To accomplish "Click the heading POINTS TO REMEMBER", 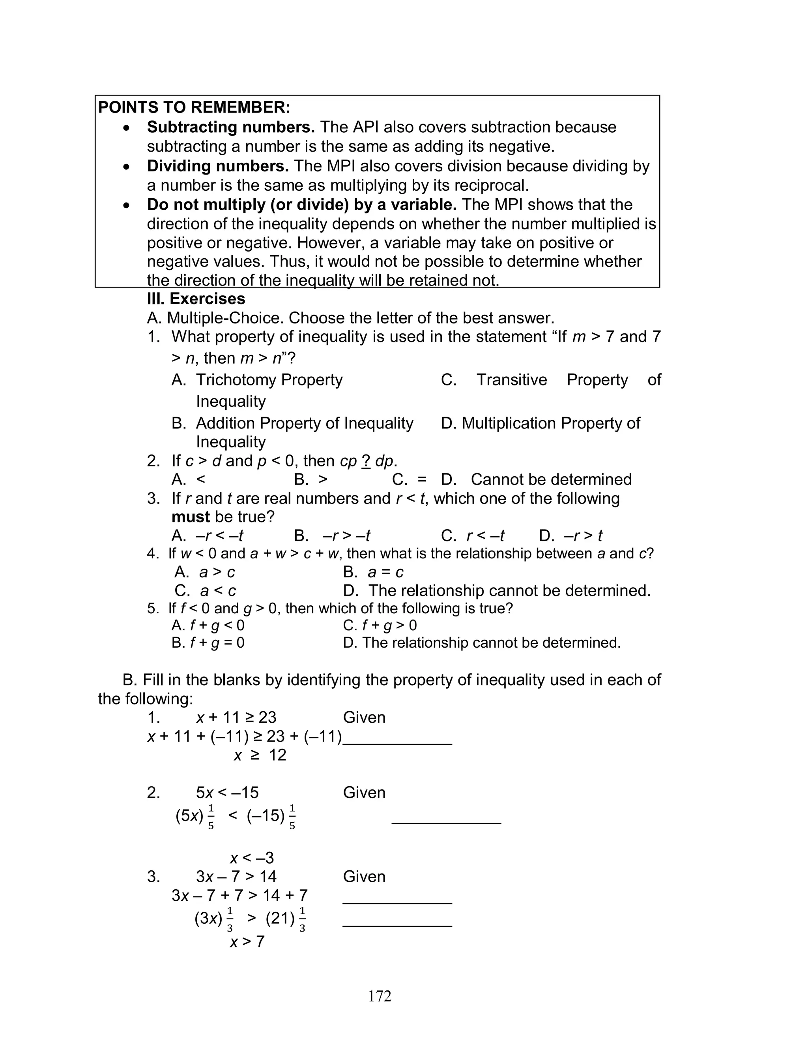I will point(194,107).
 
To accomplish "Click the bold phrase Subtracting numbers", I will point(230,127).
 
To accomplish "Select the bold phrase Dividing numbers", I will point(217,166).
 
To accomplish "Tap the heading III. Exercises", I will point(196,299).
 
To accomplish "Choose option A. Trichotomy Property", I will point(257,380).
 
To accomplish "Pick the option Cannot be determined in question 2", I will point(551,479).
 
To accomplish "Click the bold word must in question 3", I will point(191,517).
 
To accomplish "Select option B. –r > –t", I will point(332,535).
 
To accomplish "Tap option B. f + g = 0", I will point(208,643).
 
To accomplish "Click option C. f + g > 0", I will point(380,625).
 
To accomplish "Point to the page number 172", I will point(380,996).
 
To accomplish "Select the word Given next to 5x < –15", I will point(364,793).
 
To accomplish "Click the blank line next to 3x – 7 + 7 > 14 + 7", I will point(397,902).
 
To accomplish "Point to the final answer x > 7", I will point(247,941).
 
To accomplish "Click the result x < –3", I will point(252,858).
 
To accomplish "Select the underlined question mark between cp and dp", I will point(365,461).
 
